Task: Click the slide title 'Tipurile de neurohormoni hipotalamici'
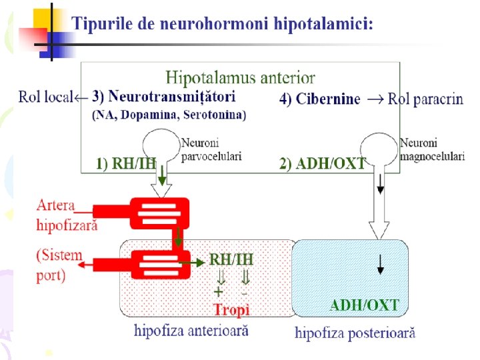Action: pos(223,25)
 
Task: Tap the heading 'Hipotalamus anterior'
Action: pos(240,78)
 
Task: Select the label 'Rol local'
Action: pos(45,98)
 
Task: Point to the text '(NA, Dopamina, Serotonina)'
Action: pos(168,115)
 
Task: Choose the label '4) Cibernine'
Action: pos(319,99)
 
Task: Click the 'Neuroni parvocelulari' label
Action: pos(211,149)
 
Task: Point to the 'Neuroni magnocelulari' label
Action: pos(432,149)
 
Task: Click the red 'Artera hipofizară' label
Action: pos(66,214)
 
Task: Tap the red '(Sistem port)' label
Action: pos(60,265)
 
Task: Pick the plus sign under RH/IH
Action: pos(218,292)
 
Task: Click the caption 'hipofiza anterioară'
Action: pos(191,329)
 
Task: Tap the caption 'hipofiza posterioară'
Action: pos(355,333)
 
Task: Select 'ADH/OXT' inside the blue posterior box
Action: pos(365,306)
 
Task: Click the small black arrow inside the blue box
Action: pos(380,265)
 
